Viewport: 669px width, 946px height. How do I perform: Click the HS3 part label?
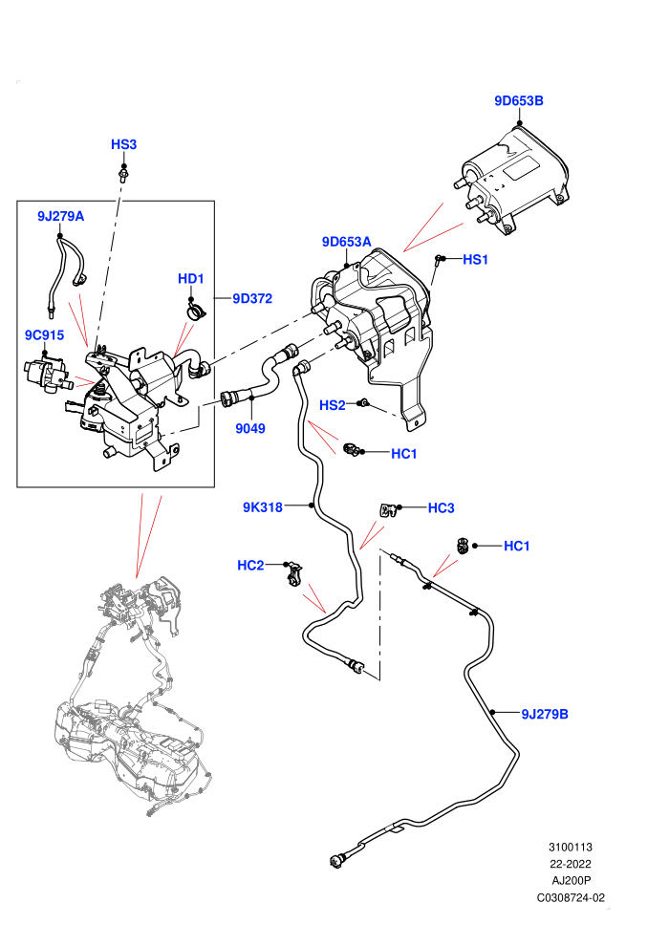[123, 145]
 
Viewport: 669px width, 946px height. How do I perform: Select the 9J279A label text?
[60, 216]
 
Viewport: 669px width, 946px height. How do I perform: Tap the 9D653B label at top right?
[519, 100]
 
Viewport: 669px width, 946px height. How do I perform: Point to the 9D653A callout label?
[346, 242]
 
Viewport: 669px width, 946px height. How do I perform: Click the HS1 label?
[475, 259]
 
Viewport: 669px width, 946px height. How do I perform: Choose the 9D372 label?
[252, 299]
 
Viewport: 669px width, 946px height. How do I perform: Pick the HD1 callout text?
[190, 279]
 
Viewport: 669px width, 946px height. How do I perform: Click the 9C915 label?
[44, 334]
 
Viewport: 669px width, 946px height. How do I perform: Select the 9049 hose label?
[250, 428]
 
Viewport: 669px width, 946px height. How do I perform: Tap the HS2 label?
[333, 405]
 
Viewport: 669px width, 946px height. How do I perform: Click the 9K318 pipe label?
[263, 507]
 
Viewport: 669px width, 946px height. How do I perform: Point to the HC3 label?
[441, 508]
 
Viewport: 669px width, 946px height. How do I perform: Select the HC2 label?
[250, 566]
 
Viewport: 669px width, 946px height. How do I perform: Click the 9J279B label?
[545, 715]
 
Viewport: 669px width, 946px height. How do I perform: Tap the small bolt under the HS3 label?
[123, 176]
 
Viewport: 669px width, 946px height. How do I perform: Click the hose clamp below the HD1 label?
[196, 311]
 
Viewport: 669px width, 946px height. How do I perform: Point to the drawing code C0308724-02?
[571, 897]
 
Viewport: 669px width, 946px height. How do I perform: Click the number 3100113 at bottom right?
[571, 847]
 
